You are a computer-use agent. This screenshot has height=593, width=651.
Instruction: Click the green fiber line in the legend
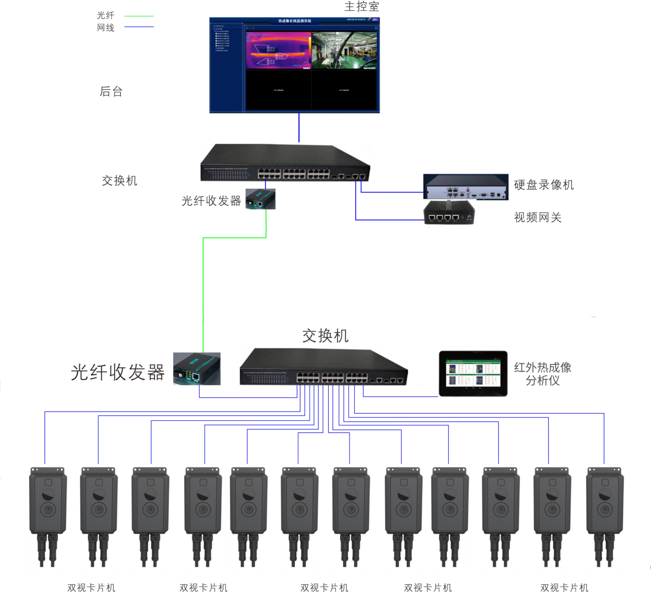[139, 16]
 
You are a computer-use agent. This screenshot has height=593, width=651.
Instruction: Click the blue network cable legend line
[139, 27]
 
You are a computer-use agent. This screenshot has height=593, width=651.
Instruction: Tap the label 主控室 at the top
[361, 7]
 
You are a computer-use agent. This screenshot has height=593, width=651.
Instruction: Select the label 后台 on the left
[111, 92]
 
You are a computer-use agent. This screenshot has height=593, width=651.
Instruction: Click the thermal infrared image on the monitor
[278, 50]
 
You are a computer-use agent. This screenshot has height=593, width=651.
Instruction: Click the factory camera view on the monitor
[344, 50]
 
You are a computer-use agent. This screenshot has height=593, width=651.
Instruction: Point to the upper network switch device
[285, 163]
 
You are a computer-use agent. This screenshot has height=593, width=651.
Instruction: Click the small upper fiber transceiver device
[260, 199]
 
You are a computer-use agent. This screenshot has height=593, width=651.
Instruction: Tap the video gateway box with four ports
[449, 213]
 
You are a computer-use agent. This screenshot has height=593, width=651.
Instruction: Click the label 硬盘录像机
[544, 185]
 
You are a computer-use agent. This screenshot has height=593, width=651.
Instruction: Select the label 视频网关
[537, 217]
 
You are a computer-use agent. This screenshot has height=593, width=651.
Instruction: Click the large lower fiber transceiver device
[196, 369]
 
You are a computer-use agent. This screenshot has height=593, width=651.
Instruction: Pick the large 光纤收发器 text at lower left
[117, 373]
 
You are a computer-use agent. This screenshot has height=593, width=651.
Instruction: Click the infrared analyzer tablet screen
[473, 373]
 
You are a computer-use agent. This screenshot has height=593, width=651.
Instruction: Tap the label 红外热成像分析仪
[543, 374]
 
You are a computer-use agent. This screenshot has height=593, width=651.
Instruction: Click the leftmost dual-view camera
[46, 516]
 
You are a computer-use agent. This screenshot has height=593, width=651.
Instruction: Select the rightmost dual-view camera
[603, 516]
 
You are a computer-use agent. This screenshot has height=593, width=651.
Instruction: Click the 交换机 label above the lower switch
[325, 336]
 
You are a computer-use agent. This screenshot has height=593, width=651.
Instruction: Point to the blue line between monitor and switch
[299, 128]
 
